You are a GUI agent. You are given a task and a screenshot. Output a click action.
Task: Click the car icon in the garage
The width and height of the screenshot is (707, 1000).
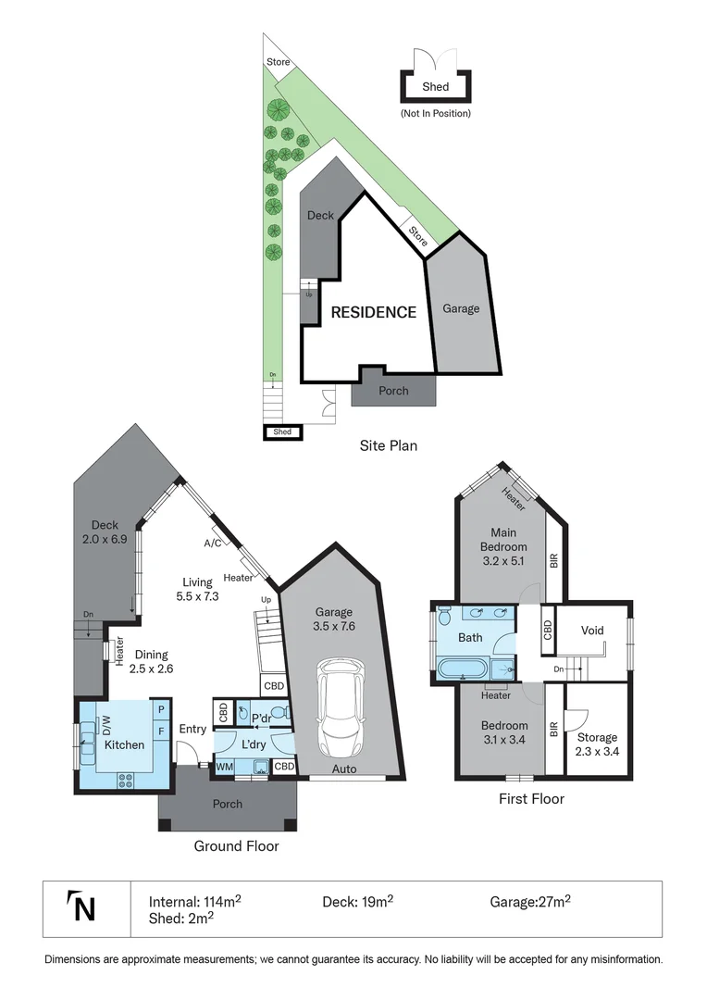tap(341, 707)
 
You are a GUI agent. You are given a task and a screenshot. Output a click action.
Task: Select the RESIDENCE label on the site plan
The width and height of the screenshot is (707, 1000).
tap(374, 313)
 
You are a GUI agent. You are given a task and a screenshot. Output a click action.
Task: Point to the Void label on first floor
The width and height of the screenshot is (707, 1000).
tap(592, 631)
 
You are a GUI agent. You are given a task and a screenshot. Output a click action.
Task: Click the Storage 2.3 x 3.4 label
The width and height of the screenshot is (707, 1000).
tap(598, 744)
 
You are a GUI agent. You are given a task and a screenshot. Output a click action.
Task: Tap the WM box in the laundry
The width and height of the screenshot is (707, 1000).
tap(224, 767)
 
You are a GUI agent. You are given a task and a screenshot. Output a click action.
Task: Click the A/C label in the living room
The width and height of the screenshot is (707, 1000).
tap(213, 544)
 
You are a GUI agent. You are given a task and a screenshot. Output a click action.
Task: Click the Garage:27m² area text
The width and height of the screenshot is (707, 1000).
tap(529, 900)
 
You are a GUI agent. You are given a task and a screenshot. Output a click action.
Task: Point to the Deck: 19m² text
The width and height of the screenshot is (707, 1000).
tap(357, 900)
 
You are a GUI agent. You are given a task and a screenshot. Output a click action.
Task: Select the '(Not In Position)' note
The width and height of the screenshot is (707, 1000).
tap(435, 113)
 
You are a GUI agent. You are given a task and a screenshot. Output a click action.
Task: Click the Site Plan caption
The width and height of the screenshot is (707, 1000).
tap(388, 445)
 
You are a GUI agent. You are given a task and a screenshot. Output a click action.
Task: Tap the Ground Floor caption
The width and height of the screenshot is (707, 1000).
tap(236, 845)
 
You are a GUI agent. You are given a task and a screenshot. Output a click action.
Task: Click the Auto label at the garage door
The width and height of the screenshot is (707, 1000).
tap(344, 769)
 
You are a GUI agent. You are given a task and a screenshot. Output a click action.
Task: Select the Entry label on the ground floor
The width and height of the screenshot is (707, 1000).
tap(192, 730)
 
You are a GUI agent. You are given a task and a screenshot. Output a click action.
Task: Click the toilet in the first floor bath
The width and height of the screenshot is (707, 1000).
tap(444, 615)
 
